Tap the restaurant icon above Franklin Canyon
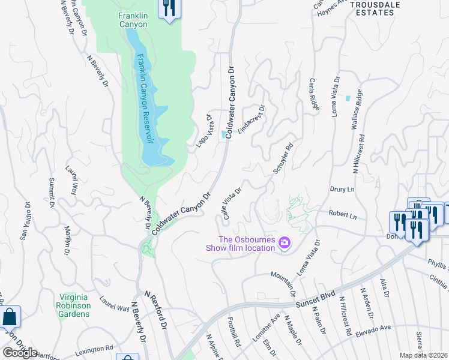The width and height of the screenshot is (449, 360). [x=170, y=8]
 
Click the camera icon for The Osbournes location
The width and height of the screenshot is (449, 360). [x=285, y=243]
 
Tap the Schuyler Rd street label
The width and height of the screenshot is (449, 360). [x=283, y=159]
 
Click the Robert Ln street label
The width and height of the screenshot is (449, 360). [x=343, y=214]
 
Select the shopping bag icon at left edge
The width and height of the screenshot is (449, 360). [x=10, y=316]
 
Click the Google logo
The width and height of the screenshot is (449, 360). [x=19, y=353]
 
